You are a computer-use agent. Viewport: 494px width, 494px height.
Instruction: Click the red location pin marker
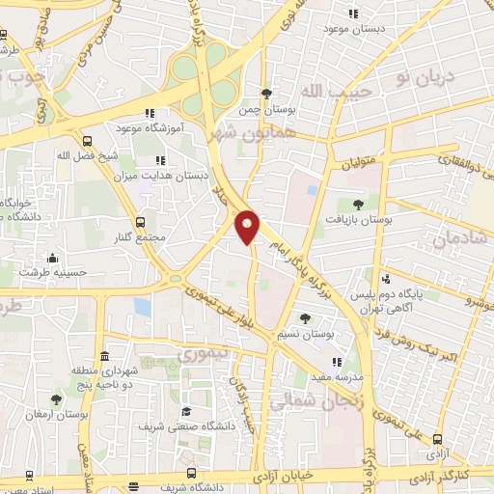(x=249, y=228)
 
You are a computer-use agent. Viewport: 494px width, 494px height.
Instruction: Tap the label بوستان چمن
(x=265, y=109)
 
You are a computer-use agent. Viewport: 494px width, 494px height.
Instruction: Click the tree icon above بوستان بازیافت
(x=359, y=205)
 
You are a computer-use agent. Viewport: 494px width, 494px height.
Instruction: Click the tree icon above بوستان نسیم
(x=306, y=317)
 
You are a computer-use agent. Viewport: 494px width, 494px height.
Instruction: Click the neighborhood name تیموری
(x=206, y=355)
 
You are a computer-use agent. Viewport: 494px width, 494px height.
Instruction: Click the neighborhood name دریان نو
(x=414, y=75)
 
